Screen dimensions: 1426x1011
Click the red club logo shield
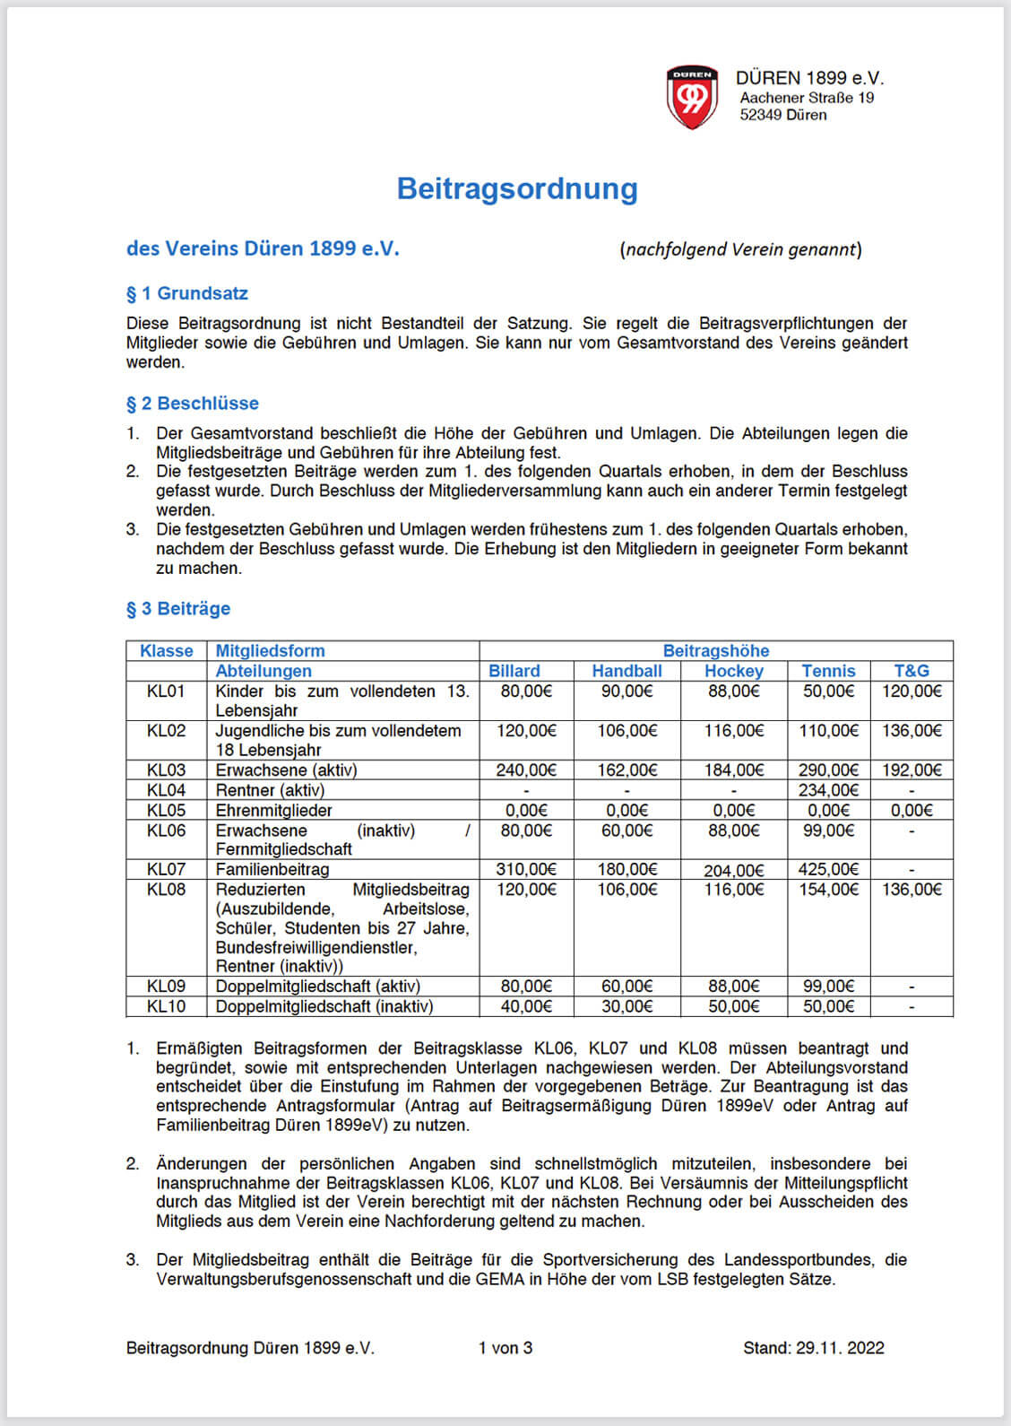coord(692,96)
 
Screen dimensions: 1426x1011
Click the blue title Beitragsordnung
coord(517,188)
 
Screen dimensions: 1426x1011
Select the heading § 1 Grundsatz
coord(187,293)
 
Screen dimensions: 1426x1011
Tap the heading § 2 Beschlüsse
coord(193,404)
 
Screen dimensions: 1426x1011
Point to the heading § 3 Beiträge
coord(178,609)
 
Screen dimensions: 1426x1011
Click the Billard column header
coord(514,671)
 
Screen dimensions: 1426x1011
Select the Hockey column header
coord(733,671)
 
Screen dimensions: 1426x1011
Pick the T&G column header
coord(911,671)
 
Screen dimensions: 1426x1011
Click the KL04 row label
coord(166,790)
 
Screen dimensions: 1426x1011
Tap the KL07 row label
coord(166,869)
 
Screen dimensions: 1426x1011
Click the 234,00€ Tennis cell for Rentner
coord(828,790)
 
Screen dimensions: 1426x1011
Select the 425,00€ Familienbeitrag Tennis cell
coord(828,869)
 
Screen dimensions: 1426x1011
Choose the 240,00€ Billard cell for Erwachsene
coord(526,770)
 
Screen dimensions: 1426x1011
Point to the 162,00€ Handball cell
coord(626,770)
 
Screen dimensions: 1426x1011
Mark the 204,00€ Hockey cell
coord(733,870)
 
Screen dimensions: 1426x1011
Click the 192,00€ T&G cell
coord(911,770)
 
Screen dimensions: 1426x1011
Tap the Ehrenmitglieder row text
coord(274,810)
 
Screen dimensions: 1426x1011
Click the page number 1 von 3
coord(505,1348)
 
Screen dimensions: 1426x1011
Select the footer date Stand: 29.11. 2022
coord(813,1348)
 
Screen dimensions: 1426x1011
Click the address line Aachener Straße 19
coord(807,98)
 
